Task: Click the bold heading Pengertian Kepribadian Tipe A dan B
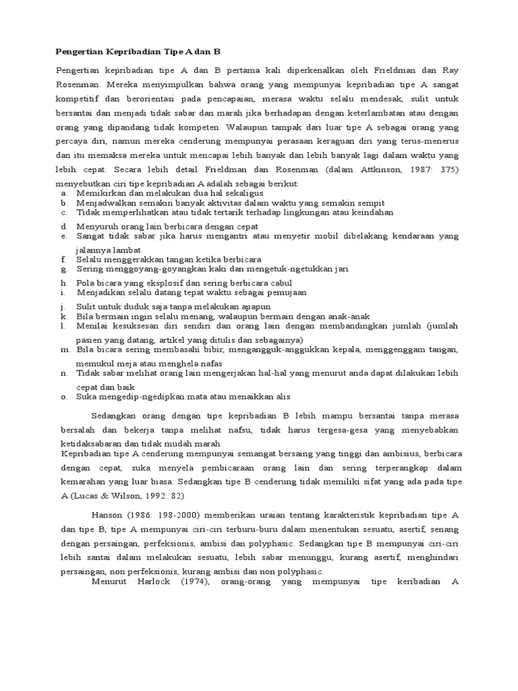coord(138,51)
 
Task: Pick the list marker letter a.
coord(63,193)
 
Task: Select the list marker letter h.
coord(63,283)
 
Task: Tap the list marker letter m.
coord(64,350)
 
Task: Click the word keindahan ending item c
coord(388,213)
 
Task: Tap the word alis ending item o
coord(283,397)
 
